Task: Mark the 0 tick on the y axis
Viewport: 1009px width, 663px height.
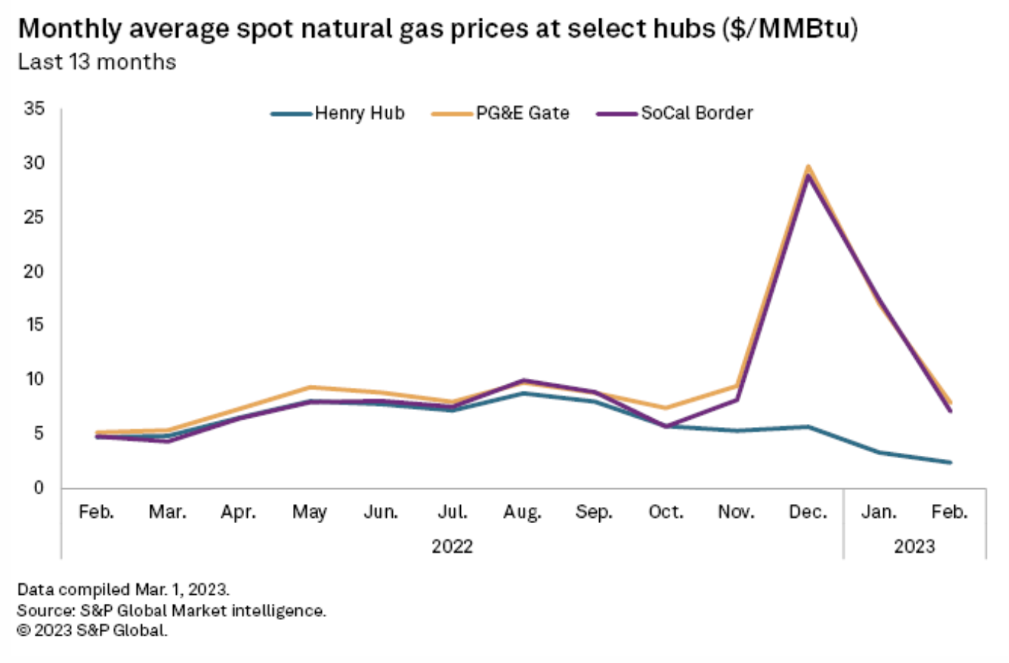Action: (x=38, y=488)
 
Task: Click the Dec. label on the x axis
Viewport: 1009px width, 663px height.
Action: (x=808, y=512)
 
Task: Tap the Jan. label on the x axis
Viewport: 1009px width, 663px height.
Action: (x=880, y=512)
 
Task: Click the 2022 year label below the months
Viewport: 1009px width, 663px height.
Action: (x=452, y=547)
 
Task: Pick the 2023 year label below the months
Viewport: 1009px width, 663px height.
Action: (x=915, y=547)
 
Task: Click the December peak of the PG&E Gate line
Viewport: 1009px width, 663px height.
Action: (x=809, y=166)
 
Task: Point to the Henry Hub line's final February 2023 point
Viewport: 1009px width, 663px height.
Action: (x=950, y=462)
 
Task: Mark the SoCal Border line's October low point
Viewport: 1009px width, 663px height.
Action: (x=667, y=426)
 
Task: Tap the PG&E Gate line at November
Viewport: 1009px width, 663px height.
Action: (x=738, y=386)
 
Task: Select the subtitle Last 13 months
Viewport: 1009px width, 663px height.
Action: (x=97, y=62)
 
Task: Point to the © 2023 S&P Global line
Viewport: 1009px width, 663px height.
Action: (x=92, y=631)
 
